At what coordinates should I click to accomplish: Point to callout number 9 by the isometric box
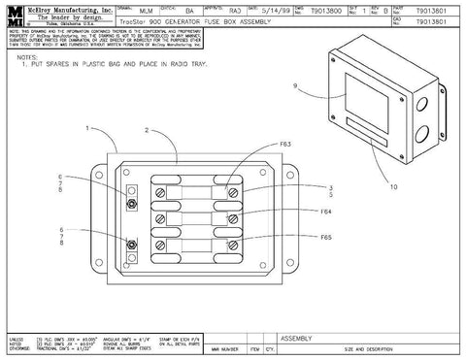[294, 86]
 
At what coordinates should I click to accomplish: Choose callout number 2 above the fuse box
[147, 128]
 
